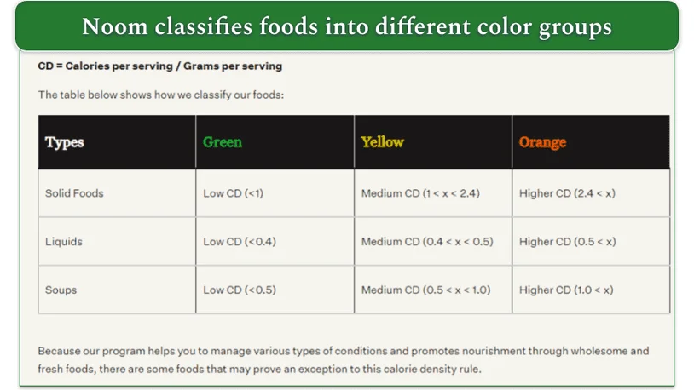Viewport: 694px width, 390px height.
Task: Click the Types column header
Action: pos(65,142)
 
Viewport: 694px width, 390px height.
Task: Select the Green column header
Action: pos(223,142)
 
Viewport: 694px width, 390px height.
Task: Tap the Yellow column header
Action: pos(382,142)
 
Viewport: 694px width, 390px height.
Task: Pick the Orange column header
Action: pos(542,142)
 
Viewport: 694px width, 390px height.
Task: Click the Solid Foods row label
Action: pos(74,193)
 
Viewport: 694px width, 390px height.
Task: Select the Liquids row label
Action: pos(64,242)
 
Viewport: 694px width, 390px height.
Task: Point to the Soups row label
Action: pos(61,290)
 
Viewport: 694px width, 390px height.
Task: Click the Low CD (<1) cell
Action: pos(233,193)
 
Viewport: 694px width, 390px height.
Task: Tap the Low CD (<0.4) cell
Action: pos(239,242)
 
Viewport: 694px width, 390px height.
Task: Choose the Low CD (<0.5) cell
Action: pos(239,290)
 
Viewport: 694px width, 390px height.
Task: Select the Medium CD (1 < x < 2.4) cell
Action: pos(420,193)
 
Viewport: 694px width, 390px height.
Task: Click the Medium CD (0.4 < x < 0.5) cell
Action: pos(427,242)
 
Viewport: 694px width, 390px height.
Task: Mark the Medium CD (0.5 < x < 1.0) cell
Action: pos(425,290)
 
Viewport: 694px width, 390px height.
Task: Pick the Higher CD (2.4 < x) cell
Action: pos(567,193)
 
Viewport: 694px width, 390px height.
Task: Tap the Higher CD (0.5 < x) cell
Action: pos(567,242)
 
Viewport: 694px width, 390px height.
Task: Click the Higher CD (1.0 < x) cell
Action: pos(566,290)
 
